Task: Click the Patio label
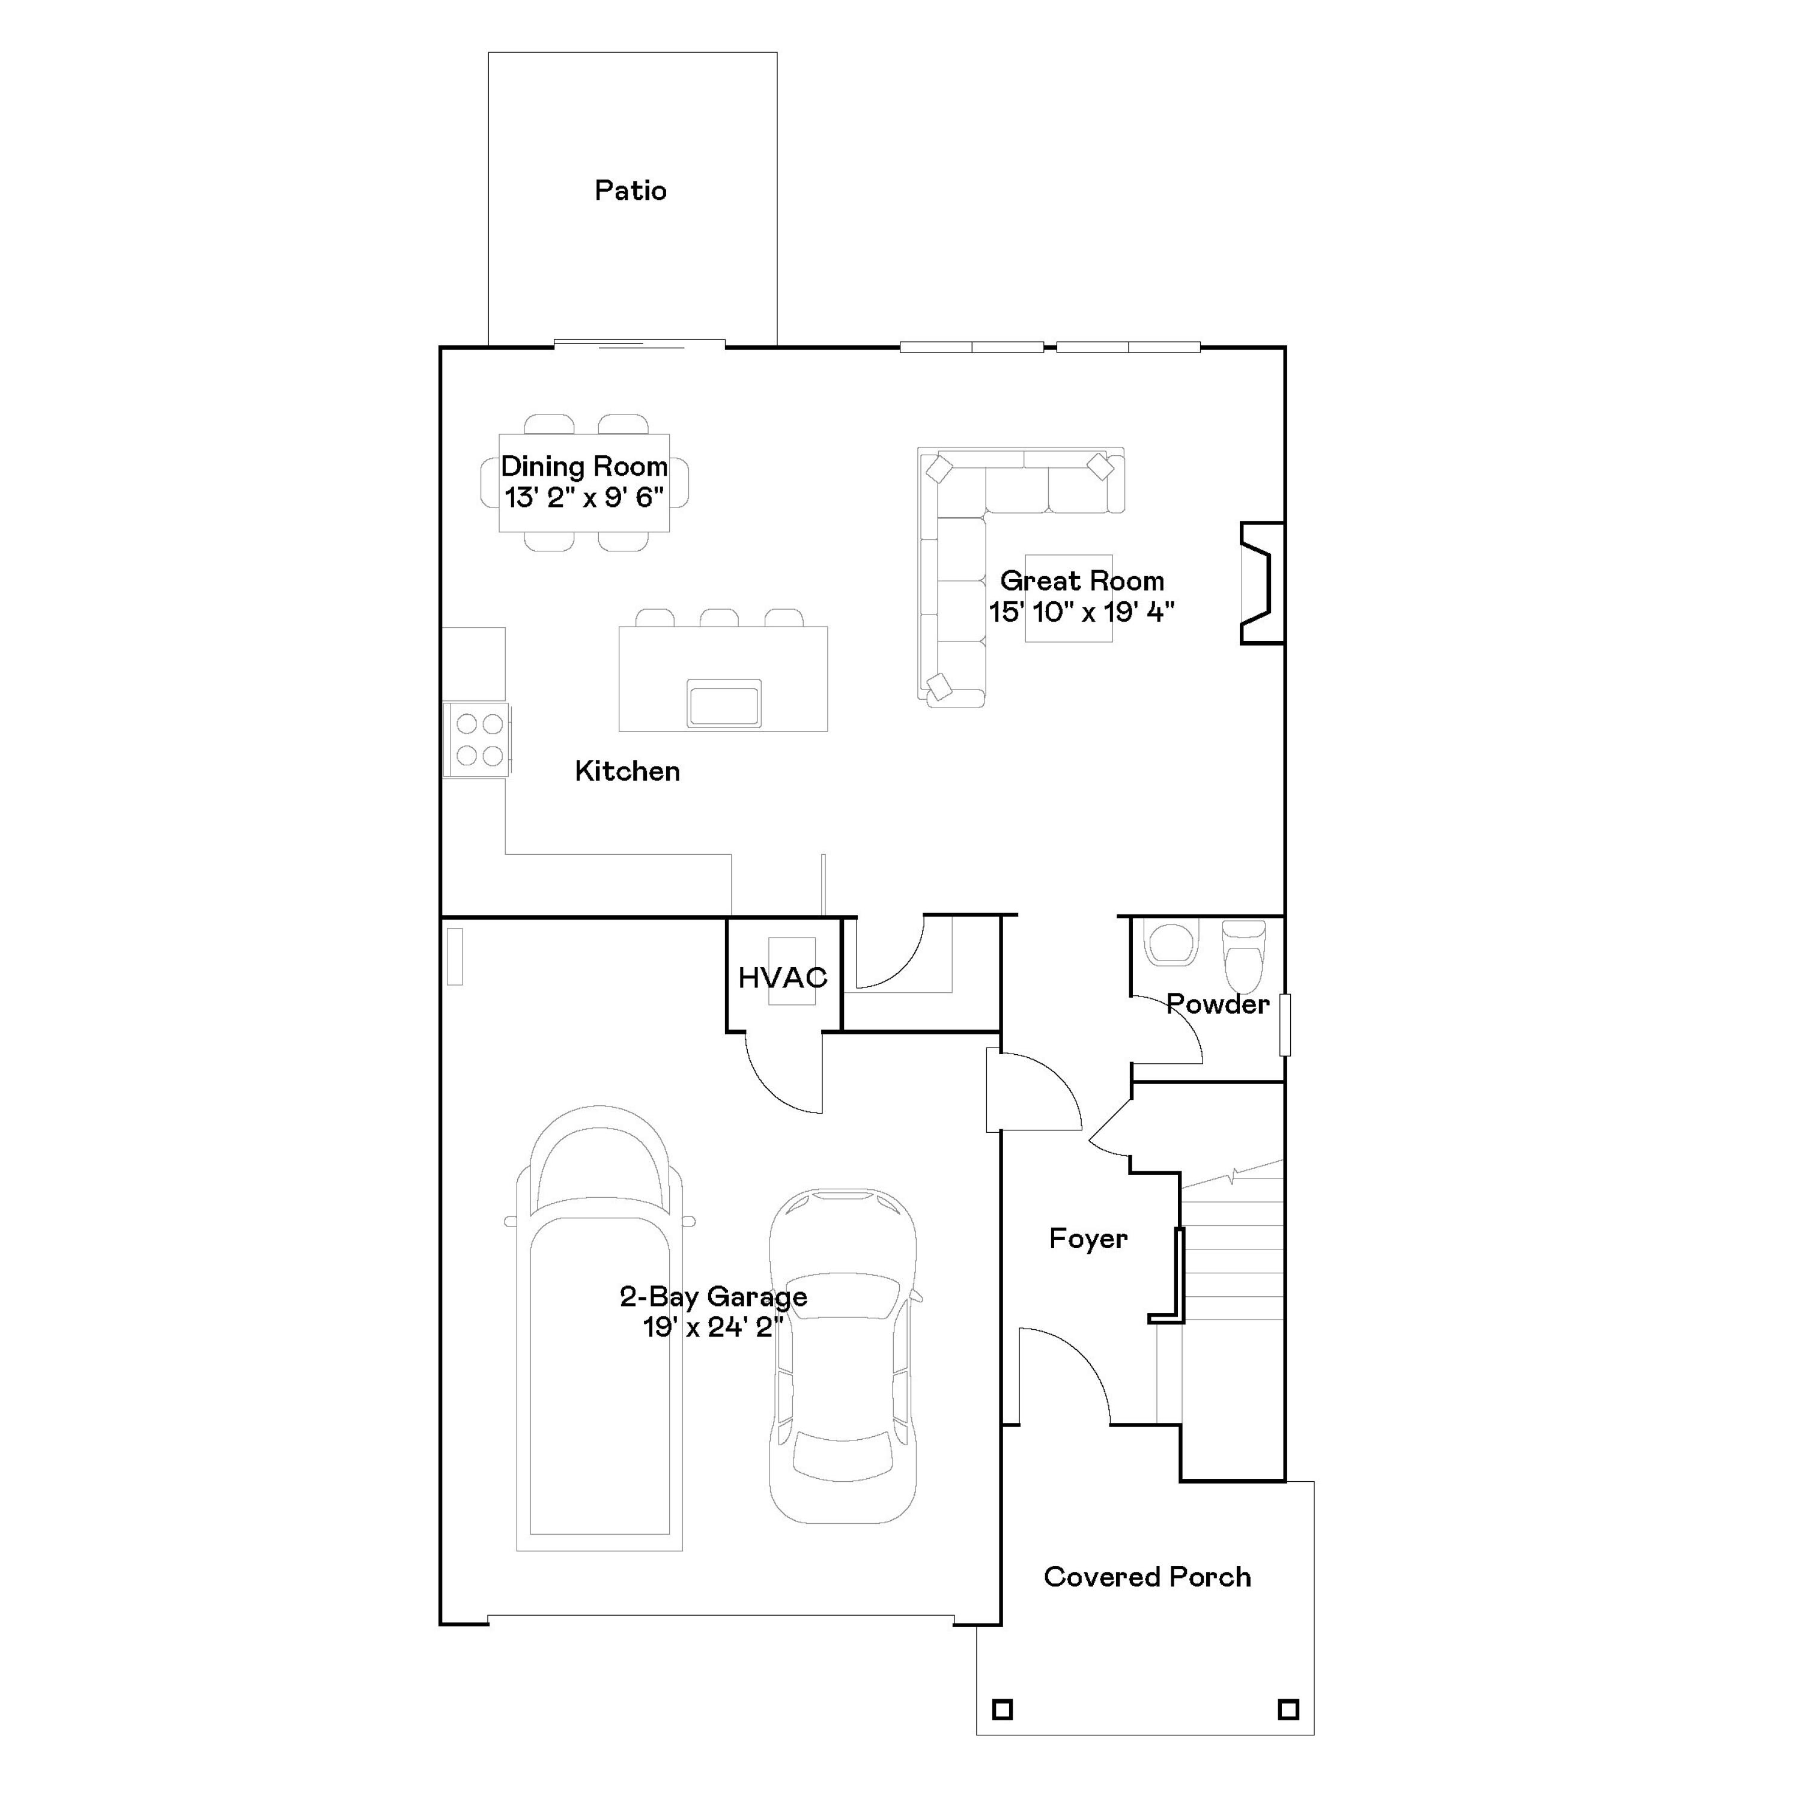click(x=631, y=191)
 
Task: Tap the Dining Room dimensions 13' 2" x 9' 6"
click(x=584, y=498)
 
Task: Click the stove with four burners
click(x=479, y=739)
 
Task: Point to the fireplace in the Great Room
click(x=1261, y=583)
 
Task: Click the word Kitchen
click(x=626, y=771)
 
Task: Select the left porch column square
click(x=1002, y=1709)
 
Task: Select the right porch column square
click(x=1288, y=1709)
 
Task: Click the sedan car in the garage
click(x=842, y=1357)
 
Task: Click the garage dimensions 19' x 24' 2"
click(x=712, y=1327)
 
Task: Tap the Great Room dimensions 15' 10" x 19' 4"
click(x=1081, y=612)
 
